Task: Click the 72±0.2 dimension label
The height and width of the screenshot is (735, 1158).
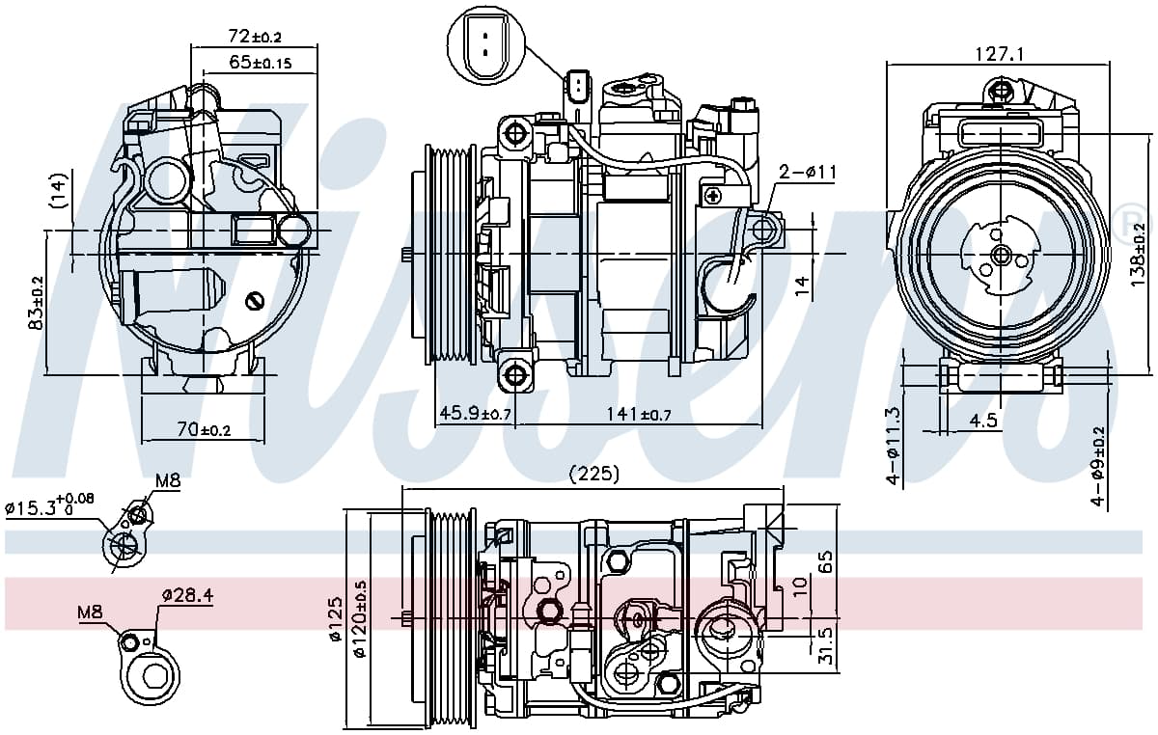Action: click(x=255, y=37)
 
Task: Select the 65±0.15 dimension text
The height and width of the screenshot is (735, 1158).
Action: click(x=260, y=63)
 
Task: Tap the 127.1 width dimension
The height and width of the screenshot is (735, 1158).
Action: click(x=999, y=54)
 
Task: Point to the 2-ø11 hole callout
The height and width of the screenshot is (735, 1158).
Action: click(x=807, y=172)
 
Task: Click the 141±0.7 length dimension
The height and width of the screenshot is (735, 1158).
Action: click(x=639, y=414)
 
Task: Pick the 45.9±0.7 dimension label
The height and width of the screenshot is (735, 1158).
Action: click(x=475, y=414)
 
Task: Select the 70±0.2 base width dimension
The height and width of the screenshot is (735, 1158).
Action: click(x=204, y=428)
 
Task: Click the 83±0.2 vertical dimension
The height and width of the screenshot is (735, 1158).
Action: click(x=38, y=303)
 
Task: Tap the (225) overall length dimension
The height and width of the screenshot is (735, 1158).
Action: click(x=593, y=474)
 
